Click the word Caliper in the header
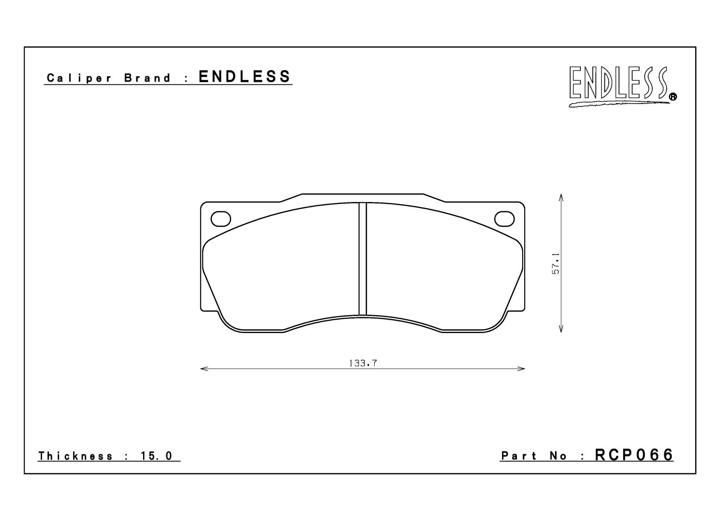[x=79, y=78]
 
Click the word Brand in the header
[x=147, y=78]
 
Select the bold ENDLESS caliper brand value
[x=244, y=77]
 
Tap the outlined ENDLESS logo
[x=619, y=85]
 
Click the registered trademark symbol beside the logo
[x=673, y=97]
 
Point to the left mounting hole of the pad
[x=221, y=219]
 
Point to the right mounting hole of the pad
[x=504, y=219]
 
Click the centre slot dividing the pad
[x=363, y=259]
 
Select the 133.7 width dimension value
[x=363, y=363]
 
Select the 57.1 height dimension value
[x=556, y=264]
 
